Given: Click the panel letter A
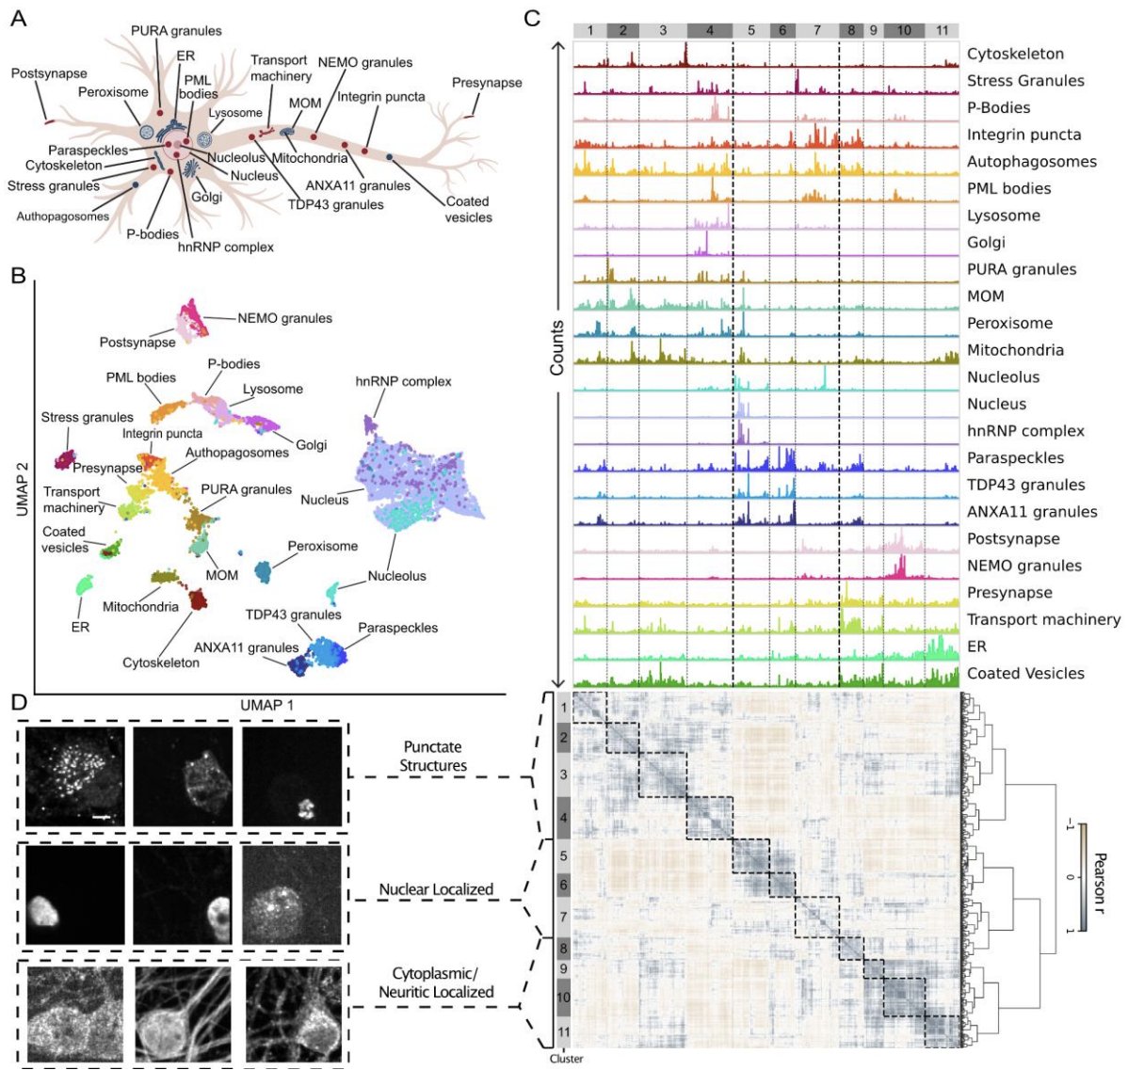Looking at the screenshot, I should [18, 19].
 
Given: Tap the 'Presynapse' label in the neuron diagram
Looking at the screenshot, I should [486, 83].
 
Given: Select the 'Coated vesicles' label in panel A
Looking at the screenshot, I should [468, 209].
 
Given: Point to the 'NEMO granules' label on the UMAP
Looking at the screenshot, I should [284, 318].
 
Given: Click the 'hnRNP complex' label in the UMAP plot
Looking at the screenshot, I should [403, 381].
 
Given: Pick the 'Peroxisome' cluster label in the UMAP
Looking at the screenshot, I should [322, 546].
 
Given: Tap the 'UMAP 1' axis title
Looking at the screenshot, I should [267, 704].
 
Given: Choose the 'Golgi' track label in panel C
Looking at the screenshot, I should [986, 242].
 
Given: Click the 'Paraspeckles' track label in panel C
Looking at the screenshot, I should [1015, 457].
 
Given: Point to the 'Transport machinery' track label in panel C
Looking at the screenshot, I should [1043, 619].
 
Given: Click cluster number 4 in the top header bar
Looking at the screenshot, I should [710, 30].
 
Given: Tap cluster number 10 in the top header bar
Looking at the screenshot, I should [903, 30].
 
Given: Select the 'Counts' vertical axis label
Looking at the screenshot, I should [557, 348].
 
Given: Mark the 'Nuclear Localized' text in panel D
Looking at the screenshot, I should [436, 889].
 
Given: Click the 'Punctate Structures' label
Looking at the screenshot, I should [433, 757].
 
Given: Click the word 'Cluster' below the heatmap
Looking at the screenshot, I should [566, 1059].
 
